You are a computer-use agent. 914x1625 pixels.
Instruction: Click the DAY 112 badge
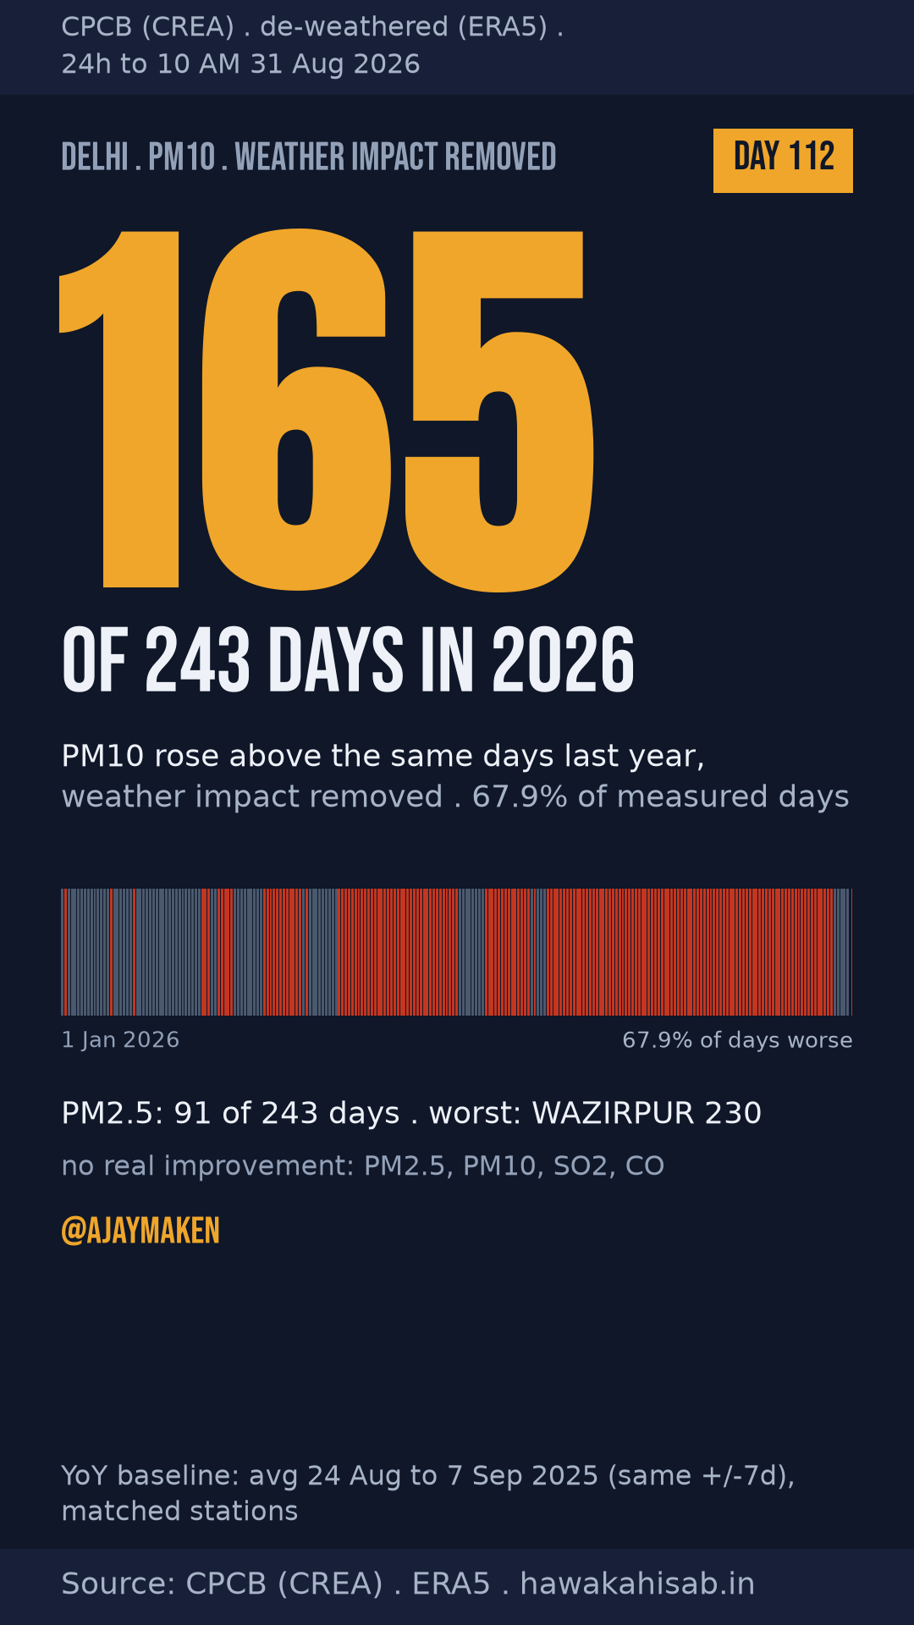point(783,161)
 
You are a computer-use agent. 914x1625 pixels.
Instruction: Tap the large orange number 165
point(327,410)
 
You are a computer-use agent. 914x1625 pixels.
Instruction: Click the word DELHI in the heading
point(95,157)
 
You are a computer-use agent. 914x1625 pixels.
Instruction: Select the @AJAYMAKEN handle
point(140,1231)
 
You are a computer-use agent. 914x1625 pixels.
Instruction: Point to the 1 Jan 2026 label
point(120,1040)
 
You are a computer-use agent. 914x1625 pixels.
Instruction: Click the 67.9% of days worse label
point(737,1040)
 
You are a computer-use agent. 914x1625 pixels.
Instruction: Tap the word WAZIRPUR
point(612,1113)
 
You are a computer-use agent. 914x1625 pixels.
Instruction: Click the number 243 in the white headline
point(198,660)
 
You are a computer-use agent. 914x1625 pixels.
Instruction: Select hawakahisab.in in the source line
point(637,1584)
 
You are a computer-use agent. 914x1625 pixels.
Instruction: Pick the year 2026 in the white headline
point(563,660)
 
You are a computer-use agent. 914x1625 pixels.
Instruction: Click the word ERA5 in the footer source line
point(451,1584)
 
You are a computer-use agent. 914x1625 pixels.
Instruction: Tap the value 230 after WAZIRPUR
point(733,1113)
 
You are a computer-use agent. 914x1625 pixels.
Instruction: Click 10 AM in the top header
point(199,64)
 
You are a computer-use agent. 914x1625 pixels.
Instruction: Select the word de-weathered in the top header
point(355,27)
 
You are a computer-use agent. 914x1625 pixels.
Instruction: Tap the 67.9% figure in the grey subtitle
point(520,796)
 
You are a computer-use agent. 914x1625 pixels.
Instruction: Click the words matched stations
point(180,1512)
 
